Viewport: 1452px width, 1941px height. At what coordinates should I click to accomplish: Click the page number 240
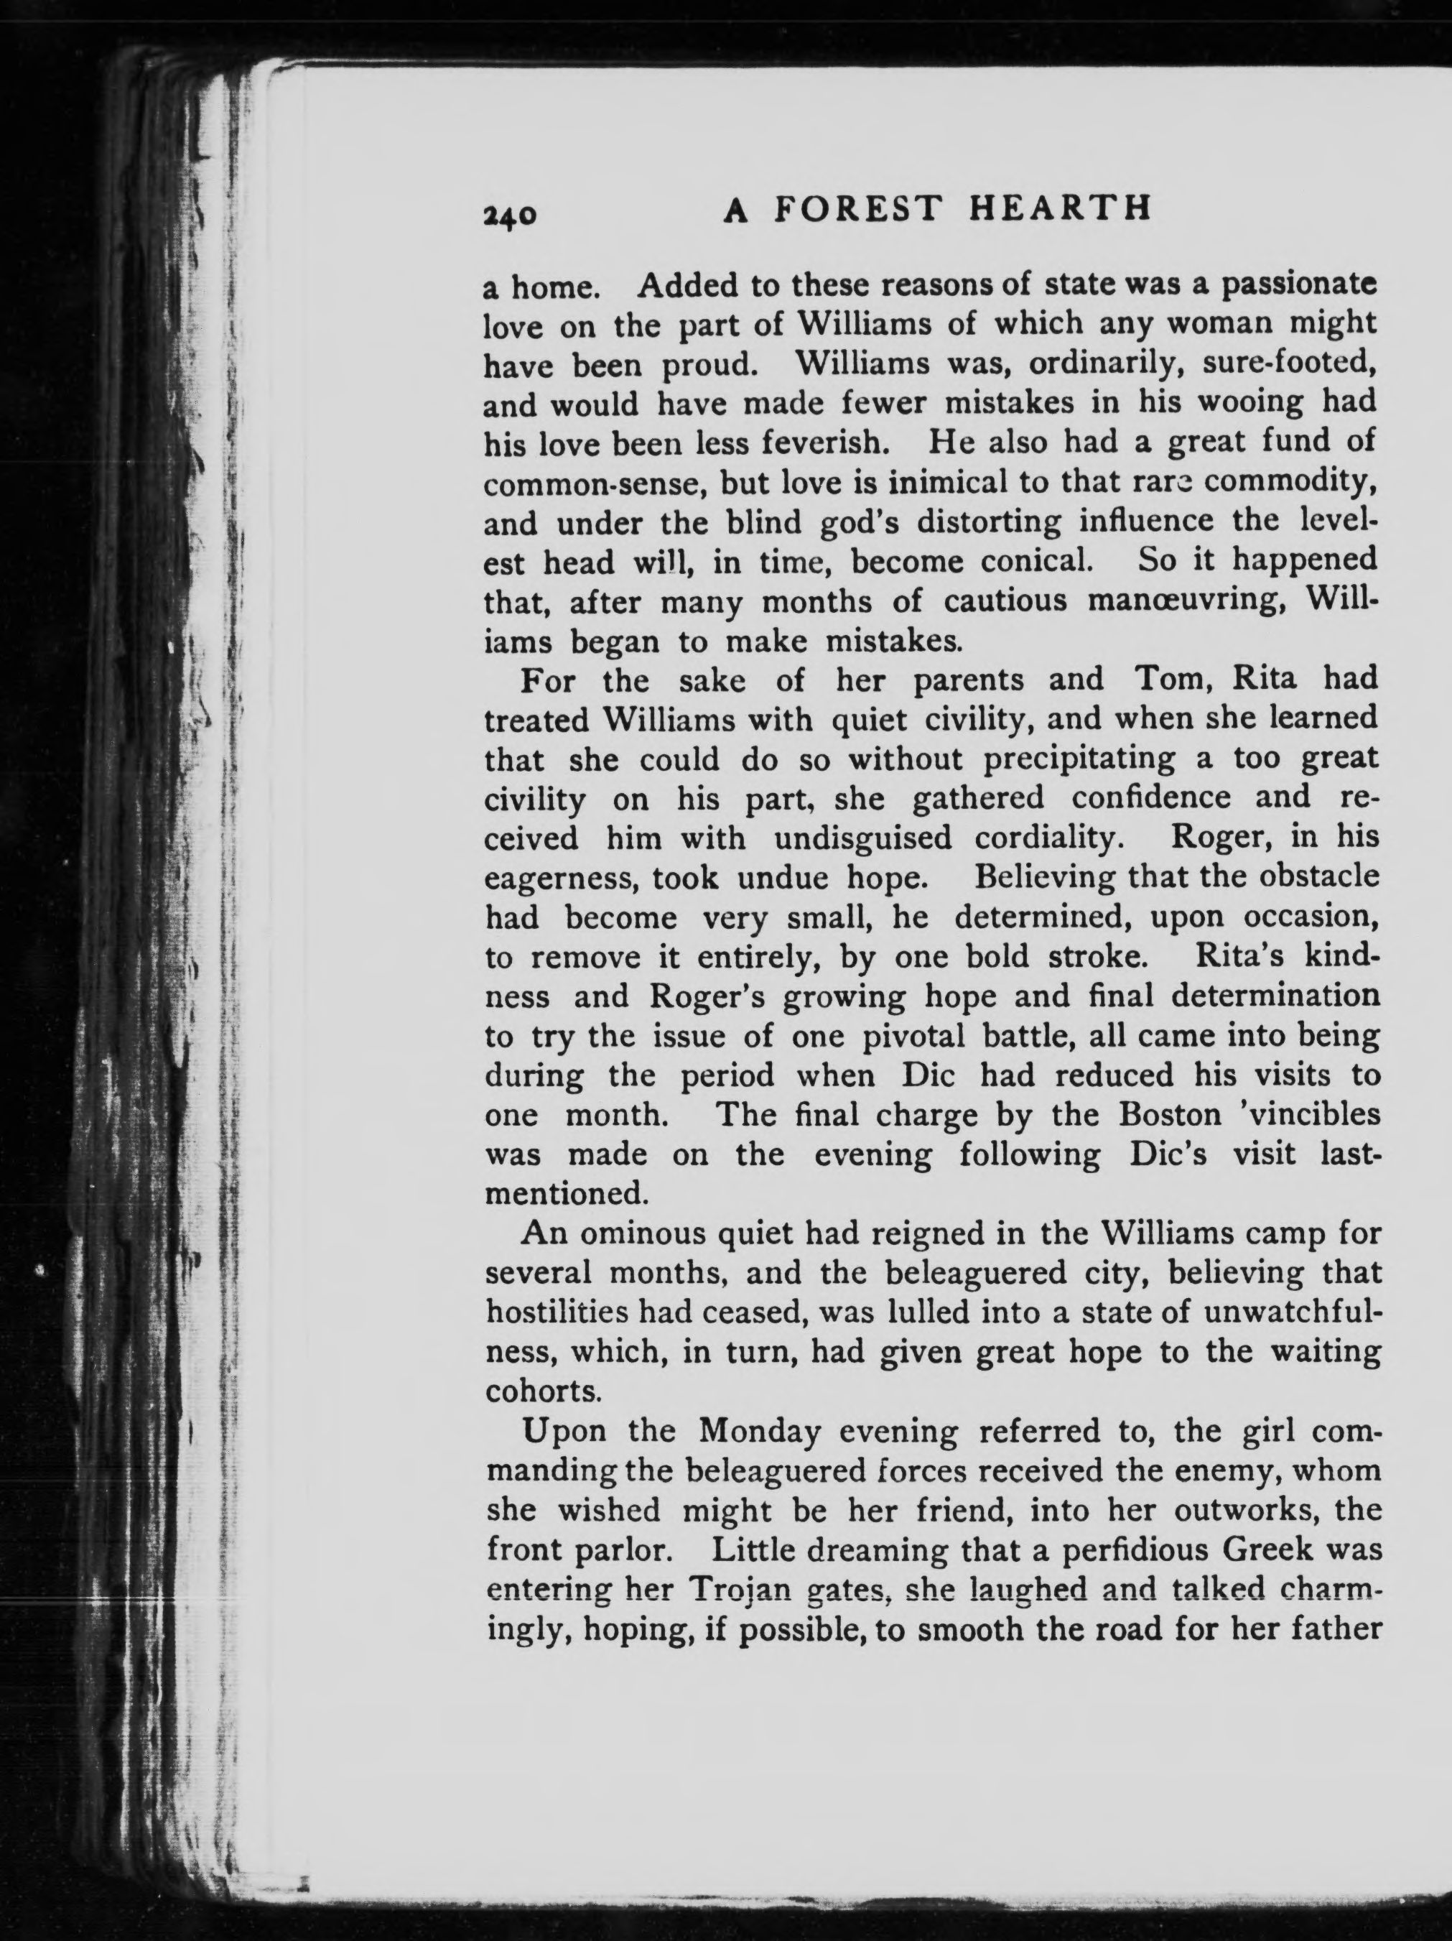coord(509,215)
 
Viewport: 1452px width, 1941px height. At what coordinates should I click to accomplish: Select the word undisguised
coord(862,838)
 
